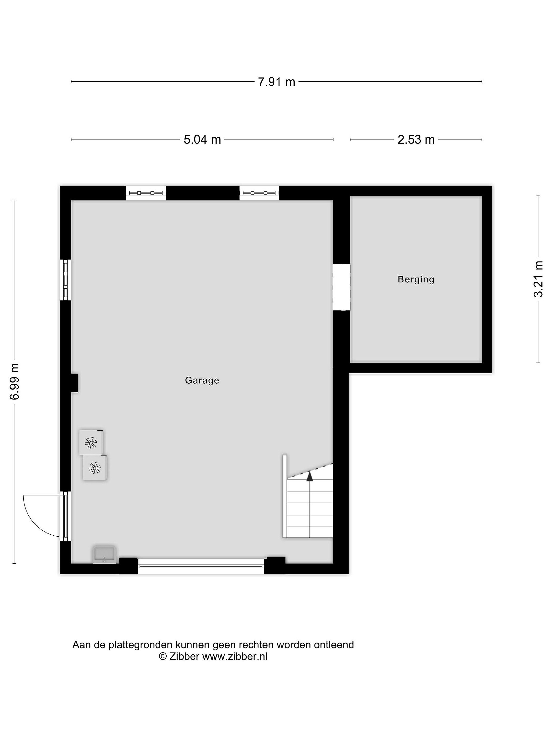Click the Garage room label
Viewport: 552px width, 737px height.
pyautogui.click(x=202, y=380)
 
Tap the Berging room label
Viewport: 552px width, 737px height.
pyautogui.click(x=416, y=279)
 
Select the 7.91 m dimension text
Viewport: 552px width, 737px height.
pyautogui.click(x=277, y=82)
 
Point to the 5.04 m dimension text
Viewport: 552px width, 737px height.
pyautogui.click(x=202, y=139)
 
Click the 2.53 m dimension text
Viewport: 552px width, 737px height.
pyautogui.click(x=416, y=139)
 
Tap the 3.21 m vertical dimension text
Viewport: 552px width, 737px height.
pyautogui.click(x=538, y=279)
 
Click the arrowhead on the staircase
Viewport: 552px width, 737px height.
pyautogui.click(x=310, y=476)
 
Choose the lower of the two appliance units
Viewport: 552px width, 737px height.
pyautogui.click(x=95, y=468)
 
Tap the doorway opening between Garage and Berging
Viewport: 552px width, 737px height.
pyautogui.click(x=341, y=287)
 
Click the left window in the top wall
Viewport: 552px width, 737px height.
pyautogui.click(x=146, y=193)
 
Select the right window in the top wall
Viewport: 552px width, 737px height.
pyautogui.click(x=259, y=193)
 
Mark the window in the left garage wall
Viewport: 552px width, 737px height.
pyautogui.click(x=65, y=280)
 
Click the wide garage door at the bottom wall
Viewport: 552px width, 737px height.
pyautogui.click(x=201, y=567)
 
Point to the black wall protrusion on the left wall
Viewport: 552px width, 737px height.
pyautogui.click(x=74, y=383)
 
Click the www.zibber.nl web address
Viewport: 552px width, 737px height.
pyautogui.click(x=235, y=656)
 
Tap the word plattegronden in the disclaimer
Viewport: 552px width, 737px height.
pyautogui.click(x=140, y=645)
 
